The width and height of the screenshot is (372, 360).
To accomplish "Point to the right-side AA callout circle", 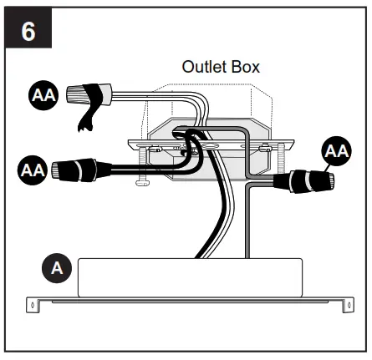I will pos(336,151).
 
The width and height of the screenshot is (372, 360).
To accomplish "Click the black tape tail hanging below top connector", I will pos(85,122).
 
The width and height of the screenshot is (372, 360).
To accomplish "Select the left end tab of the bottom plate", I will pos(33,305).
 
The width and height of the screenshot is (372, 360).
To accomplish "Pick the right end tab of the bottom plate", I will pos(342,305).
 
